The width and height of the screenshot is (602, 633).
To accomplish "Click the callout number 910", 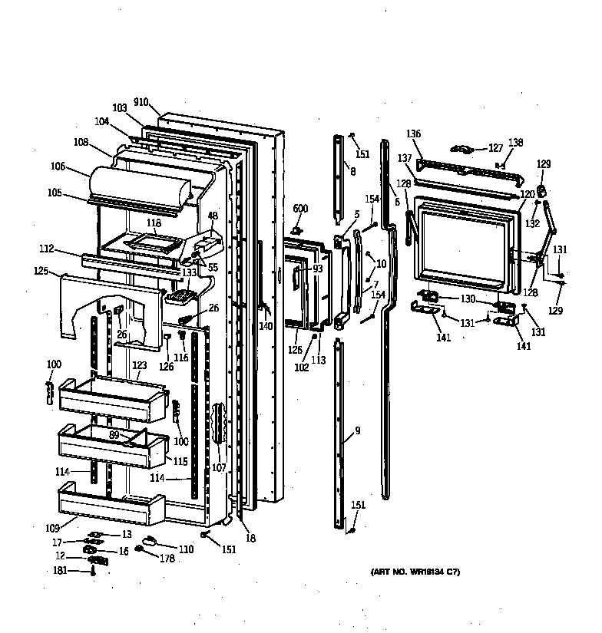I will (141, 102).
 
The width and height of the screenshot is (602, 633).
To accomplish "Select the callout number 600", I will (299, 208).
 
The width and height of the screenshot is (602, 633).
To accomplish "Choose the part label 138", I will (515, 143).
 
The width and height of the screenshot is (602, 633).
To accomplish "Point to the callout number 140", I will (266, 326).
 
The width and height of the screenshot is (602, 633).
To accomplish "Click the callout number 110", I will (187, 549).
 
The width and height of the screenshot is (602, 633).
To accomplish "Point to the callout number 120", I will (528, 195).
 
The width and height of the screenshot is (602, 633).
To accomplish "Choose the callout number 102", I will (301, 368).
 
